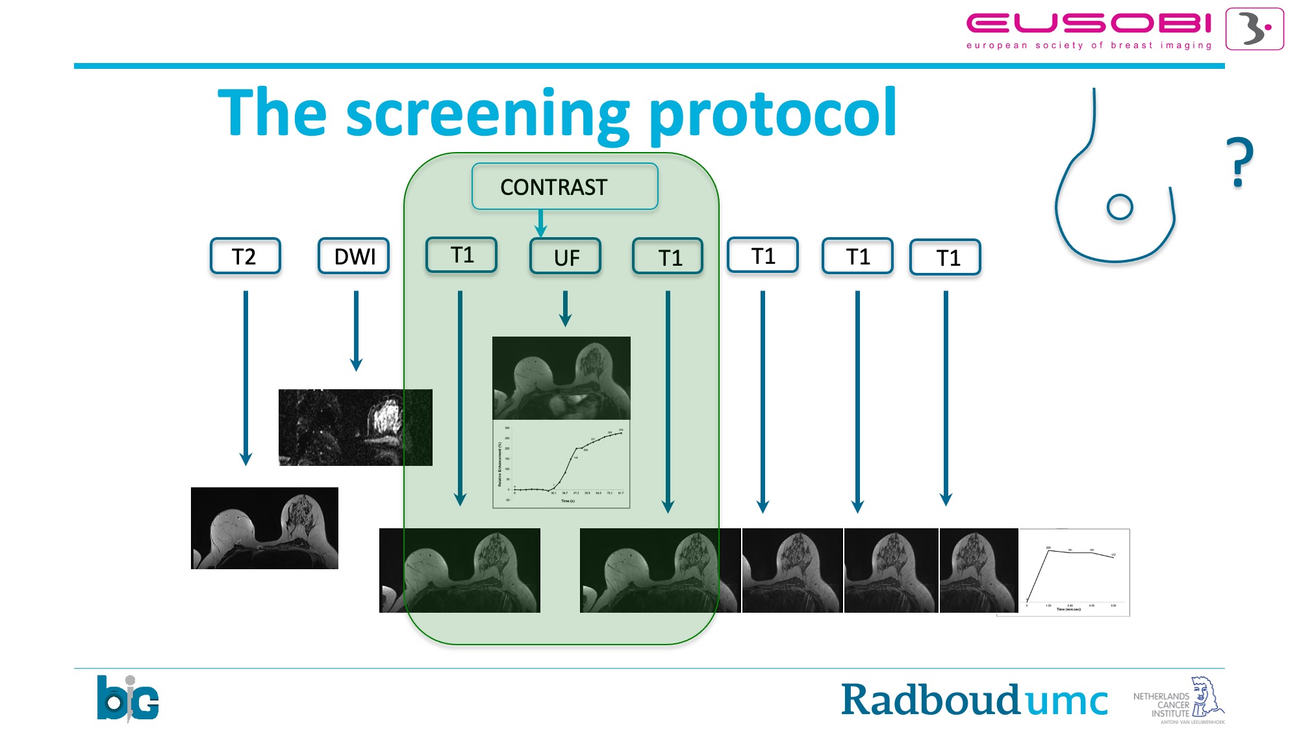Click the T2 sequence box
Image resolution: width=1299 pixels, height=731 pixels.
coord(245,256)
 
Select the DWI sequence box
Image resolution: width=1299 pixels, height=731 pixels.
coord(353,256)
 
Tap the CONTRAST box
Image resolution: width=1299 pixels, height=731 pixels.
coord(564,186)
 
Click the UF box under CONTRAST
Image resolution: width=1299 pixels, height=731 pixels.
coord(565,257)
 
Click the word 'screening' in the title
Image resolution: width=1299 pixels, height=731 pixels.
coord(487,114)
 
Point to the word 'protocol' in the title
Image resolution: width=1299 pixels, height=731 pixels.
coord(773,114)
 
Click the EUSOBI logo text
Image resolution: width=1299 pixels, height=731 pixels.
coord(1089,25)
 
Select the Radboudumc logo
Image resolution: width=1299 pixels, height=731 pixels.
coord(974,700)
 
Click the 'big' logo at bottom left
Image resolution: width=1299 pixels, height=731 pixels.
coord(127,699)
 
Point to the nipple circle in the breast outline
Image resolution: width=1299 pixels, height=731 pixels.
coord(1119,207)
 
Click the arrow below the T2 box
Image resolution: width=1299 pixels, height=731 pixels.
coord(246,377)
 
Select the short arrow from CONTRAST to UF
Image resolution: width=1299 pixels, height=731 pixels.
coord(540,223)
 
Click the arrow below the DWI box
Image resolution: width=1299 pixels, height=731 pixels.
coord(356,330)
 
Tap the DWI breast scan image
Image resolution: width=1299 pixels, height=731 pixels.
coord(355,427)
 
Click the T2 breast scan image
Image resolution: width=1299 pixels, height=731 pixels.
coord(264,528)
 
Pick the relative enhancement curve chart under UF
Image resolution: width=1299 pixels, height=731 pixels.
coord(561,464)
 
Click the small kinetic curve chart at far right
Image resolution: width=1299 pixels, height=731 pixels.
coord(1074,572)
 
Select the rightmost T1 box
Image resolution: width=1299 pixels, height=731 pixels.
coord(945,257)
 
